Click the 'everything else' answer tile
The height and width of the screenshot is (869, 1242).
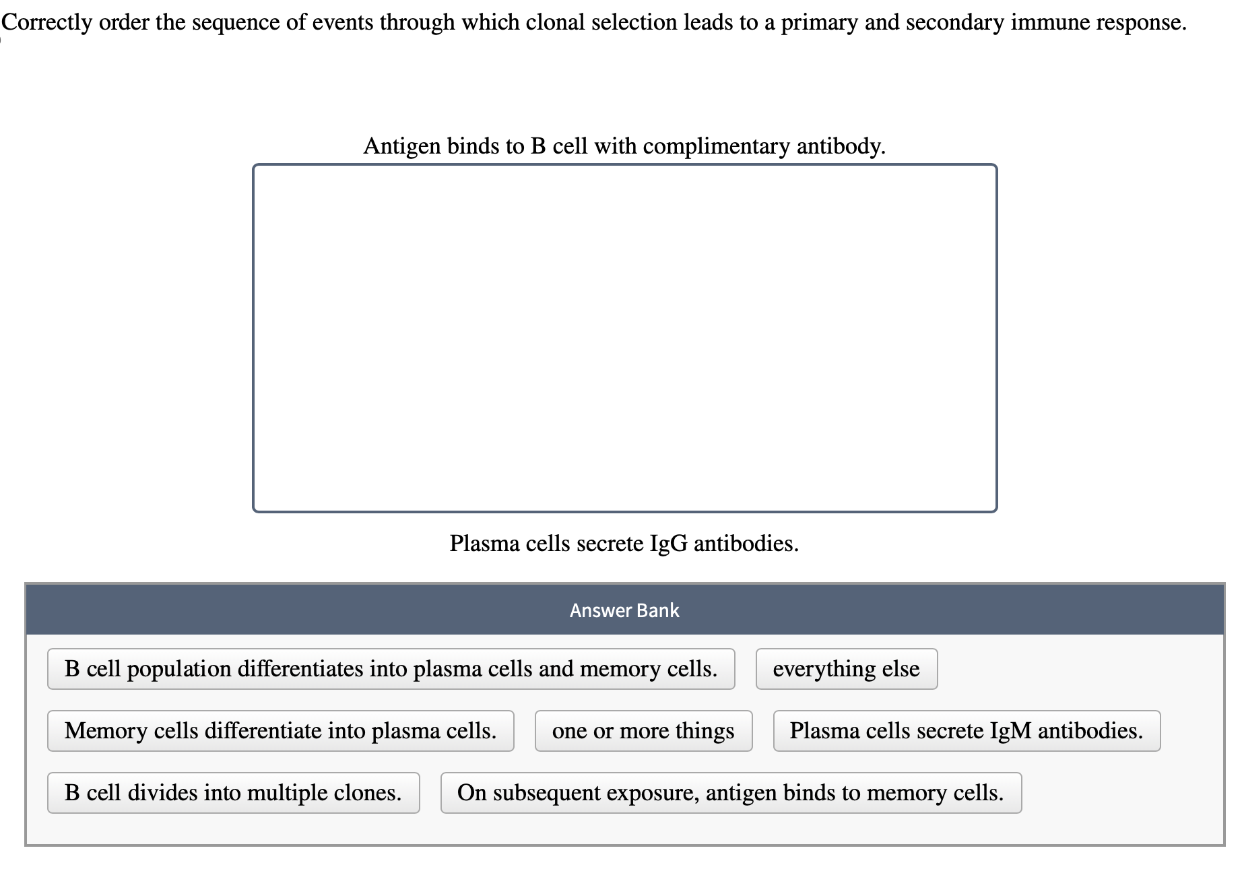(x=846, y=669)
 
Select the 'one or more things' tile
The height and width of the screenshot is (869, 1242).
(x=643, y=731)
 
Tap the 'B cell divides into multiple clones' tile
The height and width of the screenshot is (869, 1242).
(x=233, y=793)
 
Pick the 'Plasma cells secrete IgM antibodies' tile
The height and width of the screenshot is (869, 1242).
(x=967, y=731)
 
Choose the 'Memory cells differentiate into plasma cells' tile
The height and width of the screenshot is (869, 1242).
(x=280, y=731)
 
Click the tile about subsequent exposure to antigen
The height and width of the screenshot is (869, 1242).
(x=731, y=793)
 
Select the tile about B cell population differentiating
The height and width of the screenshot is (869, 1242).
(x=391, y=669)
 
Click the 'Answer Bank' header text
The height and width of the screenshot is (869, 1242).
(x=624, y=610)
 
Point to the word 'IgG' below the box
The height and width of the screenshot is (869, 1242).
(x=668, y=543)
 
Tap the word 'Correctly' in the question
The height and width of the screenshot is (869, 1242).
(x=47, y=23)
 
